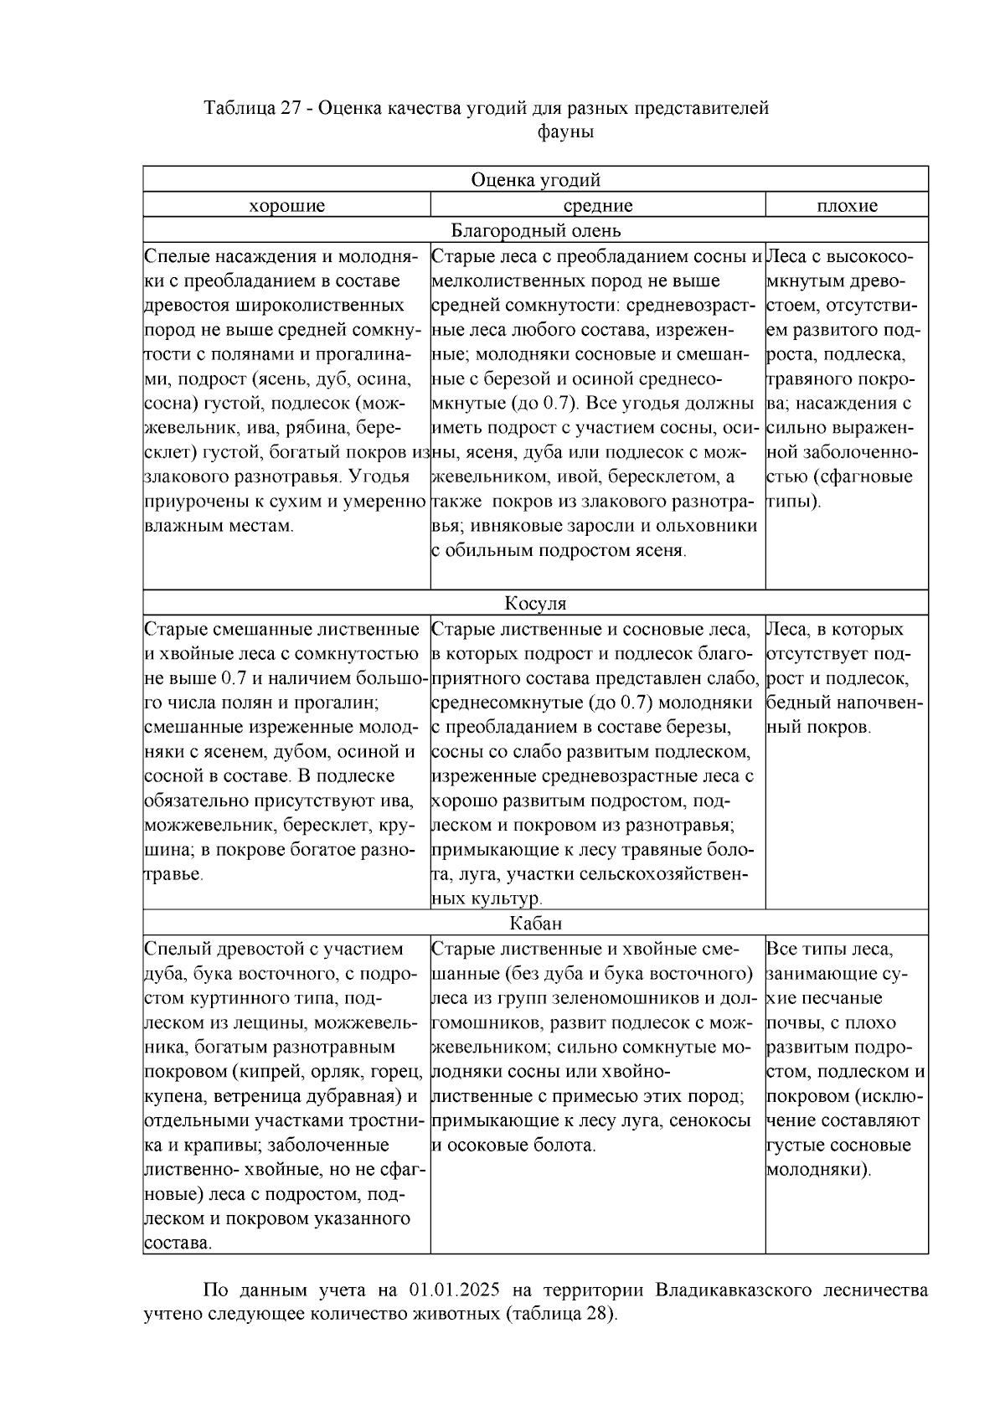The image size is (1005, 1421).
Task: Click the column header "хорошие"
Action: (286, 206)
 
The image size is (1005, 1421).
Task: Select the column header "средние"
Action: (597, 206)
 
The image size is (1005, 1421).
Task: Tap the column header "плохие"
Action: (847, 206)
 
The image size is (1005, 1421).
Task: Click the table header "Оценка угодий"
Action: (535, 180)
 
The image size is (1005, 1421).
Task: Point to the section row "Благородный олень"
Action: (535, 230)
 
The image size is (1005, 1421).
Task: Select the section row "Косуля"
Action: (535, 604)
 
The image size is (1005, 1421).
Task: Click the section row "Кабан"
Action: (535, 924)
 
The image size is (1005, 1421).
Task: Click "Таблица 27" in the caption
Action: (252, 109)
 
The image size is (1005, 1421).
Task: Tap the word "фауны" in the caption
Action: (565, 132)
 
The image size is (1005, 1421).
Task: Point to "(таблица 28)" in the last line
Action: (560, 1313)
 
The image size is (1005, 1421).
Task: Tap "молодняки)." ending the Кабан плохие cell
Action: (818, 1170)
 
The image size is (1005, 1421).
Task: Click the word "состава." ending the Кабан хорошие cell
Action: (178, 1243)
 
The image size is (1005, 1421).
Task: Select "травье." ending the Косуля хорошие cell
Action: (174, 874)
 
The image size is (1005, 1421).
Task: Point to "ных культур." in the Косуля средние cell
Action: (487, 899)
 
